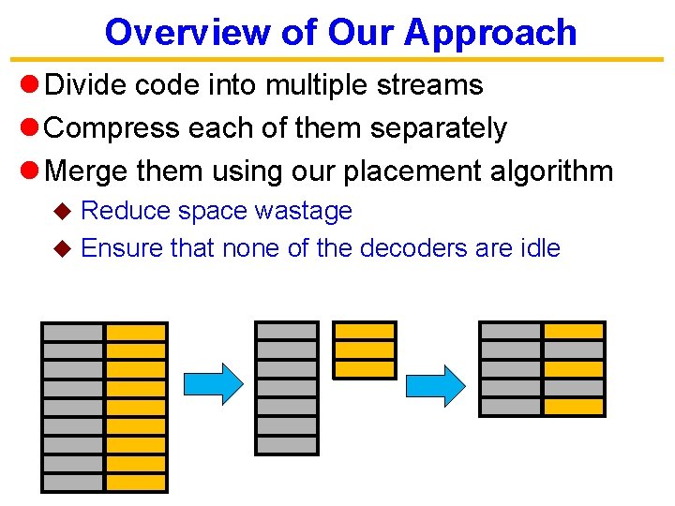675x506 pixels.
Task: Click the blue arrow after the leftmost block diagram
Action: point(213,382)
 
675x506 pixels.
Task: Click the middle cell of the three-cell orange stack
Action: point(365,350)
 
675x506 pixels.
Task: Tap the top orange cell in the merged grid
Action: point(574,331)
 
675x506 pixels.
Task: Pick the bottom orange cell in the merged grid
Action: point(574,406)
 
